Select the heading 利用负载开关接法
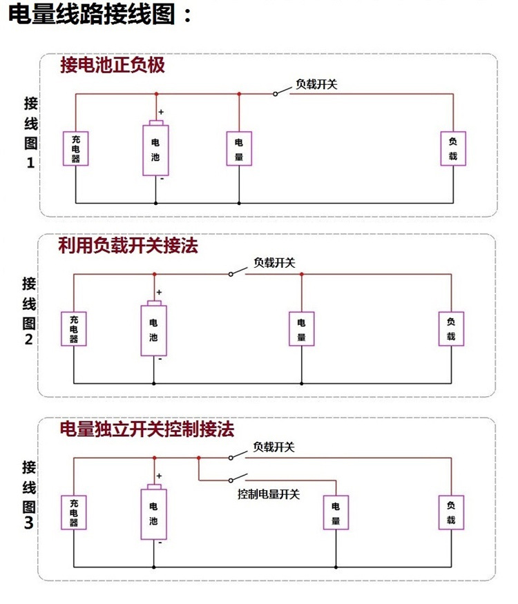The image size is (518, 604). [x=128, y=246]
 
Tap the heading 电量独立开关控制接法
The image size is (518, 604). [x=147, y=429]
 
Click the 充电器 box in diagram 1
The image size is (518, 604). [x=75, y=148]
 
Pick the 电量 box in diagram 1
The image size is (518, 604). [x=239, y=148]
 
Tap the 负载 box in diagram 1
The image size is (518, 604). [x=453, y=148]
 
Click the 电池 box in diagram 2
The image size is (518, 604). [x=153, y=329]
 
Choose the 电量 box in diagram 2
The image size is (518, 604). [x=301, y=329]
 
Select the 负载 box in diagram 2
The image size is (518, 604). [x=451, y=329]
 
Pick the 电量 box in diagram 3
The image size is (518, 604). [x=336, y=512]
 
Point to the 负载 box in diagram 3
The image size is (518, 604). [x=451, y=512]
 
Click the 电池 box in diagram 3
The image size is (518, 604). [x=153, y=514]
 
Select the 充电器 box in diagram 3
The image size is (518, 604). [x=74, y=512]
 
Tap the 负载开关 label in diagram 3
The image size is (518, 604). [x=274, y=447]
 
